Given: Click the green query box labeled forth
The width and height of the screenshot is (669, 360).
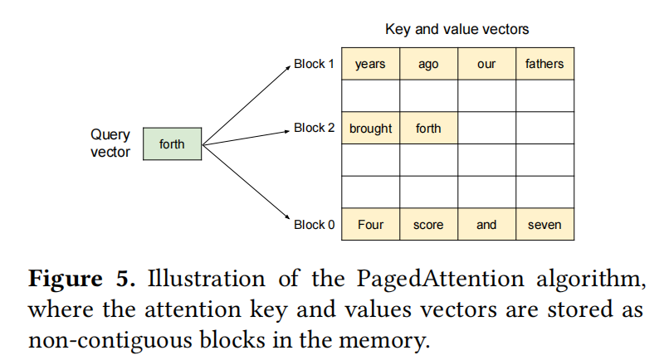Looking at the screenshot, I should [172, 144].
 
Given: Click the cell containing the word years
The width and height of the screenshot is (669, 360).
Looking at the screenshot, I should [370, 64].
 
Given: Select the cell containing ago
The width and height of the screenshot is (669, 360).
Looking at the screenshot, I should [428, 64].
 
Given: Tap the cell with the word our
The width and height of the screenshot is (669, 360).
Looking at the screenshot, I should [486, 64].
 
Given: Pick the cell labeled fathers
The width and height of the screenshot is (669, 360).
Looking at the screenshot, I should [544, 64].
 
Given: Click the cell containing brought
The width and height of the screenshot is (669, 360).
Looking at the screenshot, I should [370, 129].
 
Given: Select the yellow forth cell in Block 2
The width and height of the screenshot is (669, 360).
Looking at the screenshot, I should [428, 129].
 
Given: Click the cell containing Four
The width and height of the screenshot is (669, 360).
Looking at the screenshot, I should [370, 225].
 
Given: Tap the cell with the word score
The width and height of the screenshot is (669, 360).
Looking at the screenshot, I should [428, 225].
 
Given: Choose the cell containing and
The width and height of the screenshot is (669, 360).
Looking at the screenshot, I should [486, 225].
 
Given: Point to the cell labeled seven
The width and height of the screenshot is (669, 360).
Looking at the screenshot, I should [544, 225].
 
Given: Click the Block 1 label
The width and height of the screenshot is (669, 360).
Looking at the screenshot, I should [315, 63].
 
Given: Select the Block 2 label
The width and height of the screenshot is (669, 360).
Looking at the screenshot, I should [315, 128].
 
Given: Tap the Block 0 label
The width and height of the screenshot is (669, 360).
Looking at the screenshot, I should [315, 224].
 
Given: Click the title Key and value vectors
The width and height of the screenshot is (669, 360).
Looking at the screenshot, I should [457, 30].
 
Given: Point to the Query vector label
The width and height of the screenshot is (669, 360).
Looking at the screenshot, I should [110, 144].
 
